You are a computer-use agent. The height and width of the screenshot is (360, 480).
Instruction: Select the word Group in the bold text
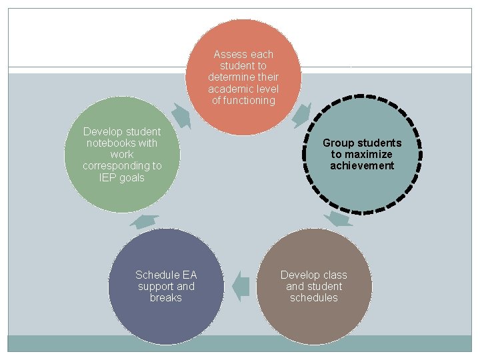pos(338,143)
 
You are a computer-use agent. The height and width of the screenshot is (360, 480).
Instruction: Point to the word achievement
pos(362,166)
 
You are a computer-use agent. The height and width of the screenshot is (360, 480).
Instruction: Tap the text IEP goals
pos(121,178)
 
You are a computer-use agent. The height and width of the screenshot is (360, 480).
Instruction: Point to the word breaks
pos(165,298)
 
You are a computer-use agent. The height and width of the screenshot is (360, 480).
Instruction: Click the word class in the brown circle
pos(335,275)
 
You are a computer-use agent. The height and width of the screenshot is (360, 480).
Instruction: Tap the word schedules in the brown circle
pos(313,298)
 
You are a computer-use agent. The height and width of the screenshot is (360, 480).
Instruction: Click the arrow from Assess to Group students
pos(301,114)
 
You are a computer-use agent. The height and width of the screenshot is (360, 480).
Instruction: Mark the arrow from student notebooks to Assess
pos(181,114)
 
